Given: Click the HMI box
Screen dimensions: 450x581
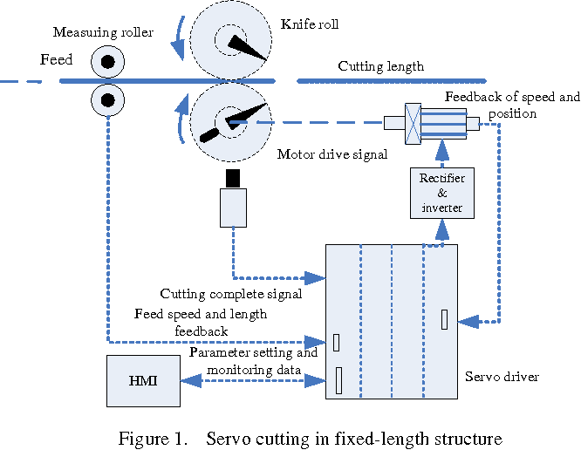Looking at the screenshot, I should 143,381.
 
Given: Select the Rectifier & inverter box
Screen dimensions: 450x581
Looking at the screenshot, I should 442,193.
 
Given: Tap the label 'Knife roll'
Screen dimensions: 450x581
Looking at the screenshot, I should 310,24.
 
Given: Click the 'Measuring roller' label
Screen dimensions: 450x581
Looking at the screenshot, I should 103,33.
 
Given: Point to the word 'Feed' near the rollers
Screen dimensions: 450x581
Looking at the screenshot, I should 57,61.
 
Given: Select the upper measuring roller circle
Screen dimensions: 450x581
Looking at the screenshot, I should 107,62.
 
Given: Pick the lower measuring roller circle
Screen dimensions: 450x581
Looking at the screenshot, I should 107,99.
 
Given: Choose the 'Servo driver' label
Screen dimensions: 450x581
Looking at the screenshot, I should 502,377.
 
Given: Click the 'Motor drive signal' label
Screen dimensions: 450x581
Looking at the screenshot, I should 332,154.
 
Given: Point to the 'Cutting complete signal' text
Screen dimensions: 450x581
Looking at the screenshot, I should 231,294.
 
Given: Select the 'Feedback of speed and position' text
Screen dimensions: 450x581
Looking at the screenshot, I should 512,105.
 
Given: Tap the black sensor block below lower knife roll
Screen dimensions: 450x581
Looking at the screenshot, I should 232,179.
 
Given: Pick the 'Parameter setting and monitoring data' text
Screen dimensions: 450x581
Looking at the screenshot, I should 253,362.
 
